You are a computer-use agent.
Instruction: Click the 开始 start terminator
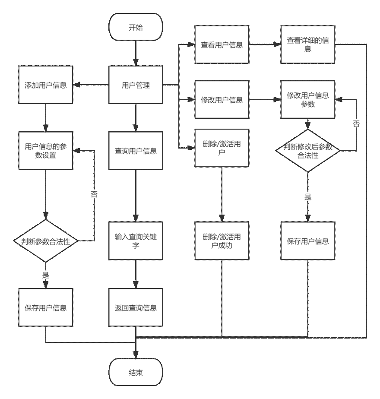(x=136, y=27)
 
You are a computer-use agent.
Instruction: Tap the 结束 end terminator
(x=136, y=372)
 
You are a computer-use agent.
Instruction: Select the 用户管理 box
(x=136, y=85)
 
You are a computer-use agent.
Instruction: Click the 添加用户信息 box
(x=45, y=85)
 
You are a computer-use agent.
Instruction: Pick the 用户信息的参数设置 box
(x=45, y=151)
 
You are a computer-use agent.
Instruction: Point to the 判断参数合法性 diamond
(x=45, y=241)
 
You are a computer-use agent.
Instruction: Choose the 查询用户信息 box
(x=136, y=151)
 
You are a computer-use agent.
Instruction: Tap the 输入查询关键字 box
(x=136, y=241)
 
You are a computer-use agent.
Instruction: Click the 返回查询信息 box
(x=136, y=307)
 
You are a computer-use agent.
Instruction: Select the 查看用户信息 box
(x=222, y=44)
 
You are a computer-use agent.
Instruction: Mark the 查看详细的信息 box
(x=308, y=44)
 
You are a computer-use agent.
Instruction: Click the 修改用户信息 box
(x=222, y=100)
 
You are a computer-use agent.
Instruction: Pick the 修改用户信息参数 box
(x=308, y=100)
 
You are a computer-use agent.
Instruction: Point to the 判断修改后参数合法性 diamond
(x=308, y=151)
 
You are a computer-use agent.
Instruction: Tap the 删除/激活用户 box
(x=222, y=148)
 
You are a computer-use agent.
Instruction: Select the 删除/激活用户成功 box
(x=222, y=241)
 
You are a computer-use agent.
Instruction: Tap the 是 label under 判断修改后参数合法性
(x=308, y=196)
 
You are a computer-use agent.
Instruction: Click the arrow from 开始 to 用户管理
(x=136, y=53)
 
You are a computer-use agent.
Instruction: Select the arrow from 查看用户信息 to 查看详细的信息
(x=265, y=44)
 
